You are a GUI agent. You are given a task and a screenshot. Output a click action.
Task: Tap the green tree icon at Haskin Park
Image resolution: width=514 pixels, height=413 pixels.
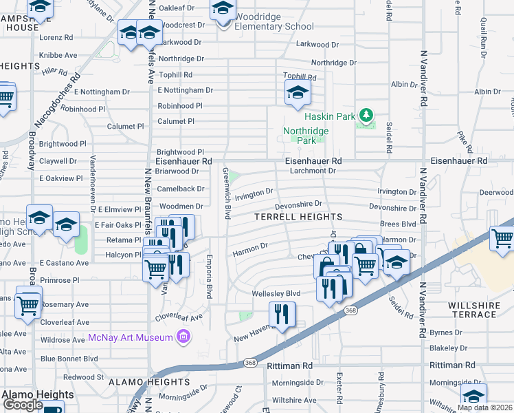(367, 115)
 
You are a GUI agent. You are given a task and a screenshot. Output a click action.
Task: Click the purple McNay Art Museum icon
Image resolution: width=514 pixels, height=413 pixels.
(183, 337)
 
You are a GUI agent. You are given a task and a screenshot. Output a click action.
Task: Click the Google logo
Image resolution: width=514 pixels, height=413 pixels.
(23, 405)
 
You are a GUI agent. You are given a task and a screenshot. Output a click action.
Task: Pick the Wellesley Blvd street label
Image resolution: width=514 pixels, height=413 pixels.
(279, 293)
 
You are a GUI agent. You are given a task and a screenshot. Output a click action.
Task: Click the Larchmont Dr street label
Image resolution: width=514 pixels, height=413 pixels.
(312, 170)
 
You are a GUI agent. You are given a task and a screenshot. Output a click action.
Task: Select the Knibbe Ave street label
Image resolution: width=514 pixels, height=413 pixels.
(56, 53)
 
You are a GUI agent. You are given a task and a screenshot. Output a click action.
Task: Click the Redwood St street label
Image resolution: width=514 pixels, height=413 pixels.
(83, 377)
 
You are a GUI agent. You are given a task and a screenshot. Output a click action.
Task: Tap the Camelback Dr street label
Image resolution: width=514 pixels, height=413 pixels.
(181, 188)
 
